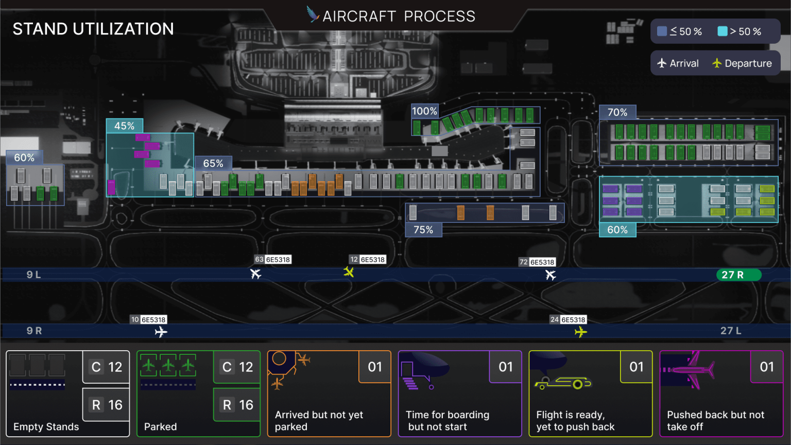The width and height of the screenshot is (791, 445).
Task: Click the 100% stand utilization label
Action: tap(424, 111)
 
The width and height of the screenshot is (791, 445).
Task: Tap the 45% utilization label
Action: tap(124, 126)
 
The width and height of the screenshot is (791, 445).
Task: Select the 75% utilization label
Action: tap(423, 230)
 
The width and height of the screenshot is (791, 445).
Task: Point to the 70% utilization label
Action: tap(617, 112)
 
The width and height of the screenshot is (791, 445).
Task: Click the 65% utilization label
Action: tap(213, 163)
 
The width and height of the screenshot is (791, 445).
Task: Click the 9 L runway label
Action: tap(34, 275)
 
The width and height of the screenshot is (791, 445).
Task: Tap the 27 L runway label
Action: tap(731, 331)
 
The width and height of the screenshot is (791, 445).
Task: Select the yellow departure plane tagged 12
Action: tap(349, 272)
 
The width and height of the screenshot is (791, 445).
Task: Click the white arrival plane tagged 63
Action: tap(256, 273)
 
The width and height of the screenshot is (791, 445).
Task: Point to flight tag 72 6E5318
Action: tap(537, 262)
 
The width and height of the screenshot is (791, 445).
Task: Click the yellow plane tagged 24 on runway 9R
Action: tap(580, 332)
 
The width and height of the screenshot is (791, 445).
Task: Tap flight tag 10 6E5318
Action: tap(148, 319)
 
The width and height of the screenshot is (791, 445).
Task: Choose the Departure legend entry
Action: tap(742, 63)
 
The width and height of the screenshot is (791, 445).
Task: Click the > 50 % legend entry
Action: tap(740, 31)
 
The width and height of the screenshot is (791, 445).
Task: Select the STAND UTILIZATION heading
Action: tap(93, 29)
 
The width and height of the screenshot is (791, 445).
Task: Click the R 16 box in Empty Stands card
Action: tap(107, 405)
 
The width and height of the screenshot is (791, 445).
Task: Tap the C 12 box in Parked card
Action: tap(237, 367)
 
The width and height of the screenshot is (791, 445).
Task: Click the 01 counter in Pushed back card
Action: tap(766, 367)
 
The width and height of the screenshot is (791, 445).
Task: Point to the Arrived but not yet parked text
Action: tap(319, 421)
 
